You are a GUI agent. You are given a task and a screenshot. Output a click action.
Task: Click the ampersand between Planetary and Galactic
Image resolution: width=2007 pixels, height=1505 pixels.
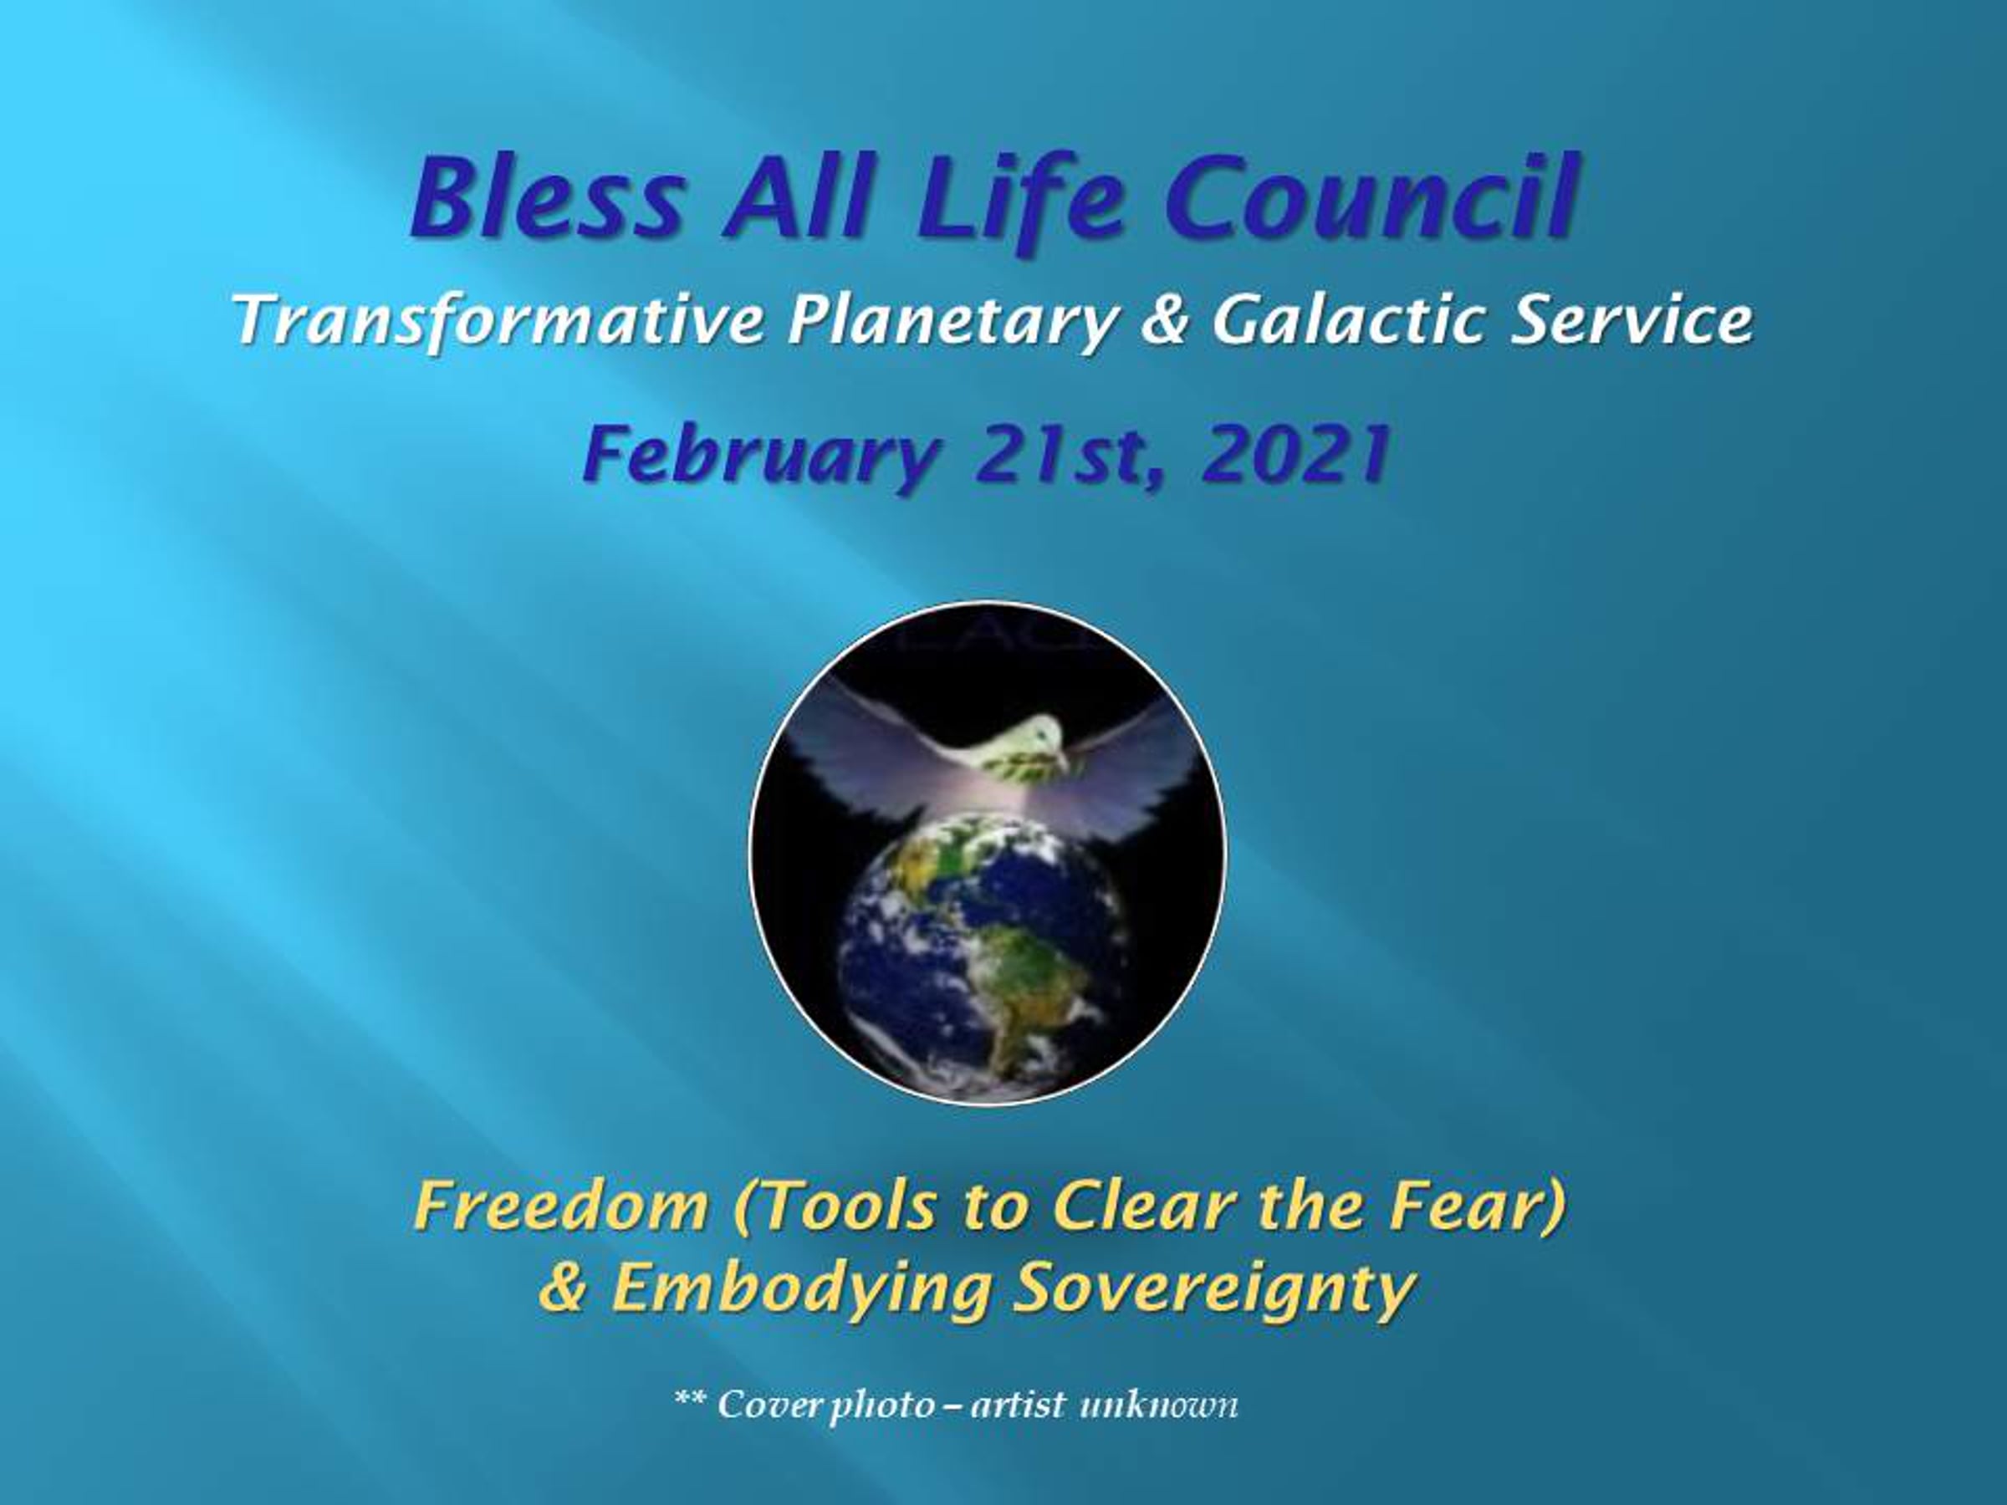1164,321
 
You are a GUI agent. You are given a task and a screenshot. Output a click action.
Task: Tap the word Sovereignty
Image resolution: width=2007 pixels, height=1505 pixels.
1214,1289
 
